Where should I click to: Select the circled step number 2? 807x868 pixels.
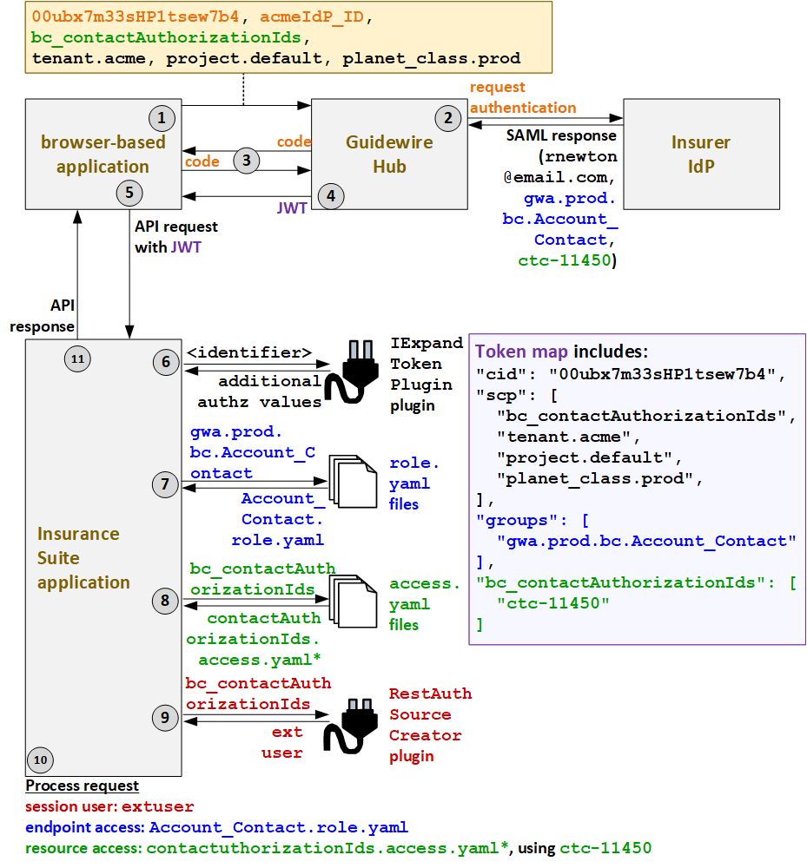447,117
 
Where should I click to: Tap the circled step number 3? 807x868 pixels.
247,160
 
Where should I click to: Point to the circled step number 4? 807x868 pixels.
330,196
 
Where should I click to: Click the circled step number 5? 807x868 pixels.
128,193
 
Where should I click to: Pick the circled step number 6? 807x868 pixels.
165,361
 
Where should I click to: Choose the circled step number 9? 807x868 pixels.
165,717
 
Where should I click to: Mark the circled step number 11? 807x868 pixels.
78,358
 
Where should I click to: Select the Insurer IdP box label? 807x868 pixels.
700,154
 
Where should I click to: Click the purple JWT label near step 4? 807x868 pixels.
292,209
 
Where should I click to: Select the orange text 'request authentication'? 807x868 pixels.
522,97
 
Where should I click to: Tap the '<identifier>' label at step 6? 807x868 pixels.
249,352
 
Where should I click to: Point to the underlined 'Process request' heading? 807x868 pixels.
82,786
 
